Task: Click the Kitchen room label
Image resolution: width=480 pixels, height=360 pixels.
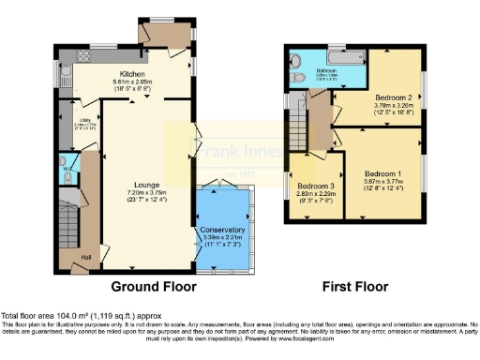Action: tap(130, 74)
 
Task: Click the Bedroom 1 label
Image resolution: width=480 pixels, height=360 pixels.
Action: tap(383, 174)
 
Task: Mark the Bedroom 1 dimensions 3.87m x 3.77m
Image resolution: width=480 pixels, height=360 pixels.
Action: tap(383, 183)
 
